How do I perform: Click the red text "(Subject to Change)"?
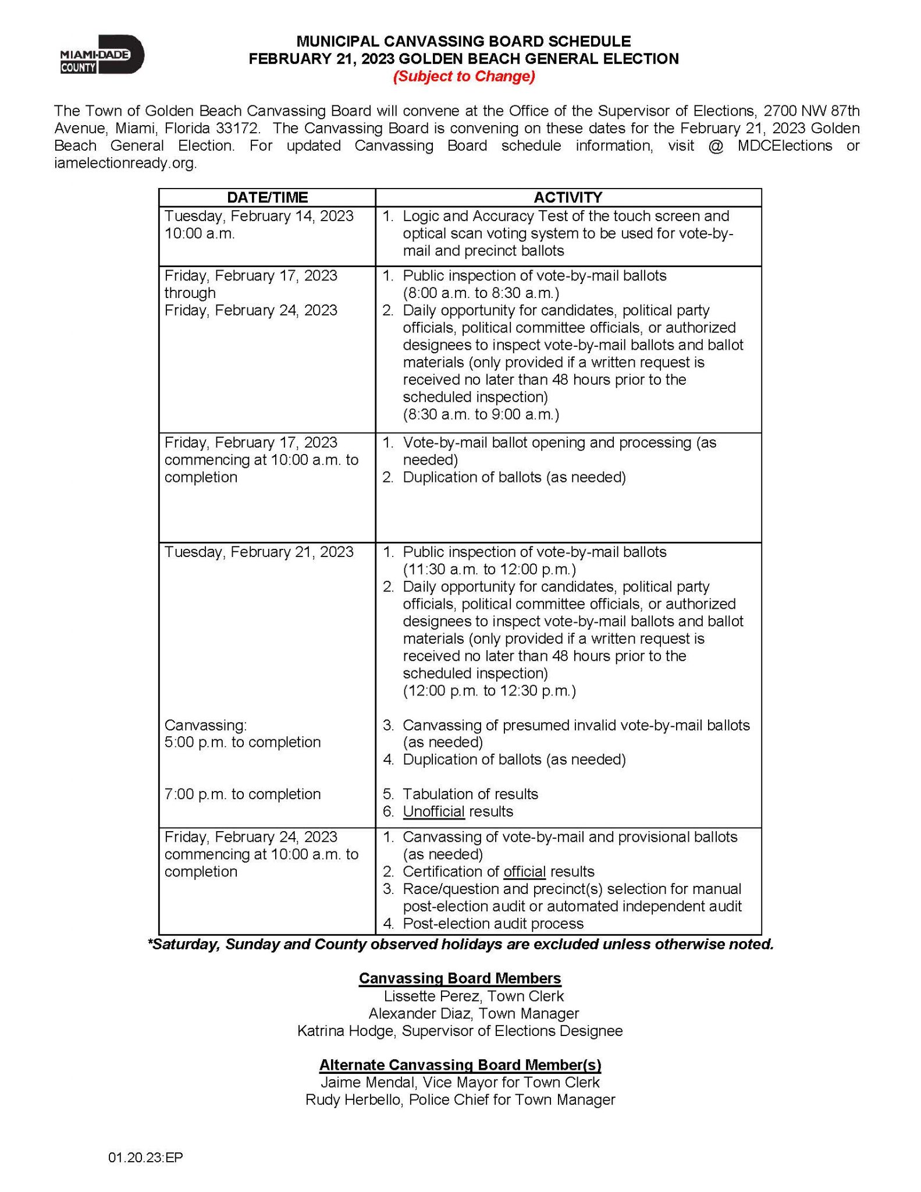pos(464,76)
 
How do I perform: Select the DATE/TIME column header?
pos(267,197)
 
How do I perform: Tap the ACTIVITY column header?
pos(568,197)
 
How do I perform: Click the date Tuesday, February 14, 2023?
pos(259,216)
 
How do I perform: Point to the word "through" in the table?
pos(190,293)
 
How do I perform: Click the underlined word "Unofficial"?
pos(433,811)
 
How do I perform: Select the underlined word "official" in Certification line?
pos(524,871)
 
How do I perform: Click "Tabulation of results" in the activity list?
pos(470,794)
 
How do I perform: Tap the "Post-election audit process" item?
pos(493,924)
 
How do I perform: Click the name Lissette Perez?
pos(433,996)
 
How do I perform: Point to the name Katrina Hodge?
pos(347,1031)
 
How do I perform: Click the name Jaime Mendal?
pos(368,1082)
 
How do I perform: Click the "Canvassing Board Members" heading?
pos(460,978)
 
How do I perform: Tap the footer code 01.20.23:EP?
pos(145,1158)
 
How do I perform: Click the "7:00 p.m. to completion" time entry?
pos(243,794)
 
